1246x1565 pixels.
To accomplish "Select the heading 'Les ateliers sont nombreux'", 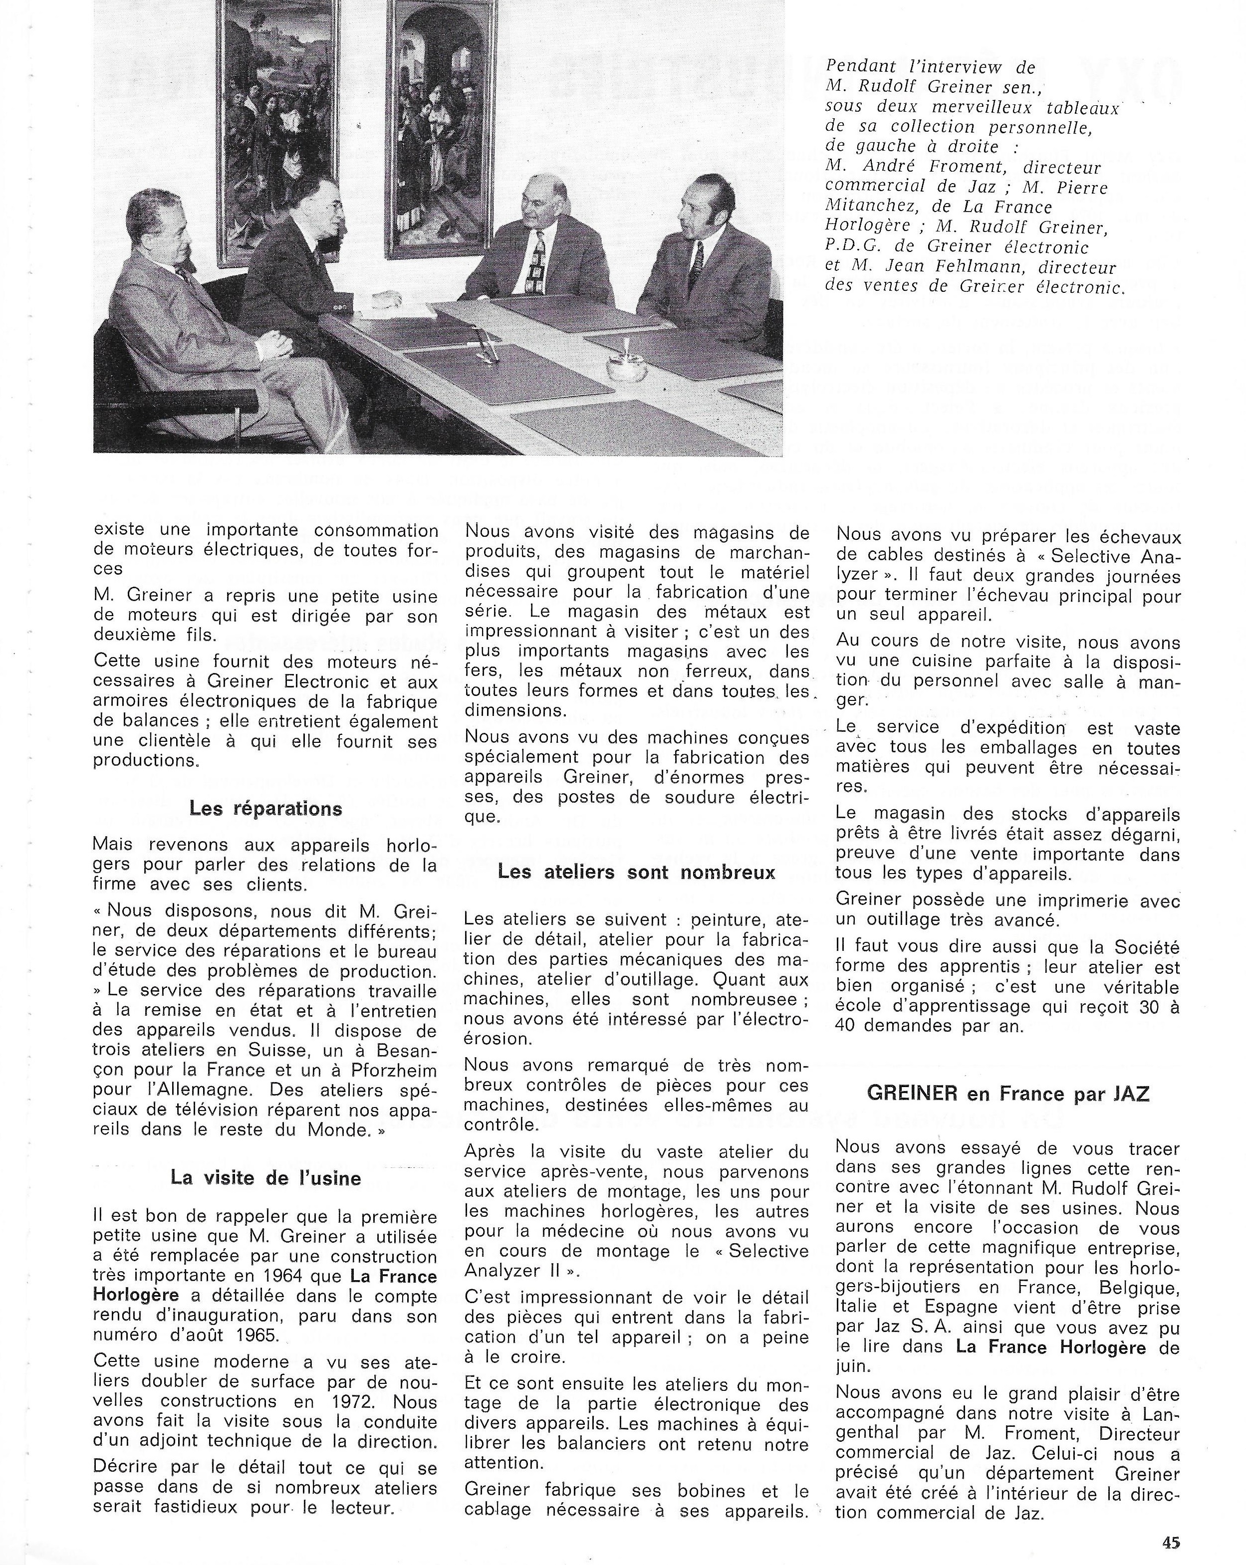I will (636, 872).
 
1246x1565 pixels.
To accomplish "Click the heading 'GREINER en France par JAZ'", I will (1008, 1093).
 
